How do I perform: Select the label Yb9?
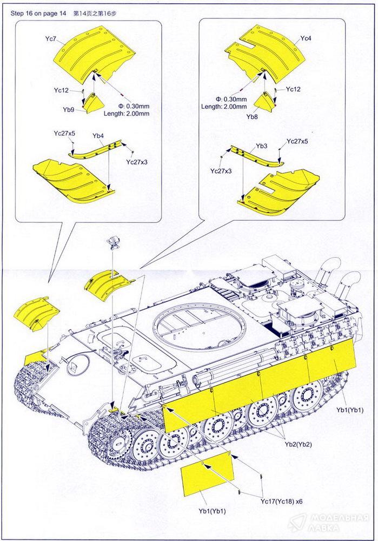click(68, 109)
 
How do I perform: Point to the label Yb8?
click(252, 116)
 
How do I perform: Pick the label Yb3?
click(262, 146)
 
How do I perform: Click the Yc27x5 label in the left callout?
click(64, 133)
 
